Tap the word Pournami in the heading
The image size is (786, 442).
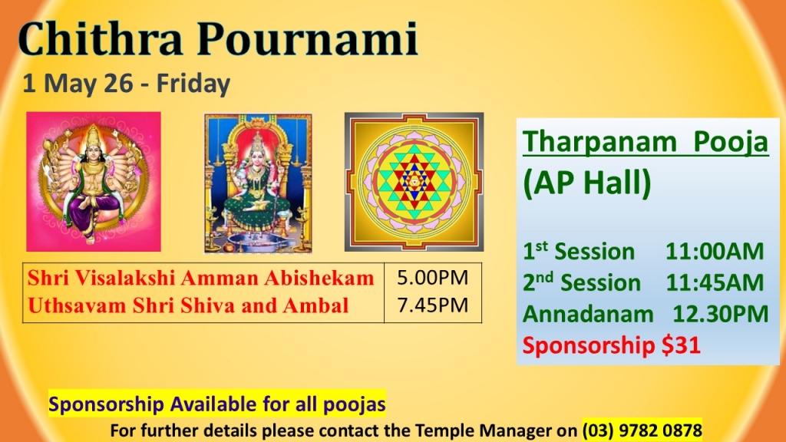tap(307, 38)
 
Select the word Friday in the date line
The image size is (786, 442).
tap(193, 84)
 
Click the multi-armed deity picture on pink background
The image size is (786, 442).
tap(94, 181)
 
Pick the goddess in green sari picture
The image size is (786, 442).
tap(258, 183)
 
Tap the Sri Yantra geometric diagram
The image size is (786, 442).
tap(414, 181)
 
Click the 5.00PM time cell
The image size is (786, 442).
tap(432, 278)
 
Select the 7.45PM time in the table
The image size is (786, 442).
tap(432, 305)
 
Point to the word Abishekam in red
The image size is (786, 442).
tap(319, 278)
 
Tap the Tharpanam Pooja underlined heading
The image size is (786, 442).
tap(645, 142)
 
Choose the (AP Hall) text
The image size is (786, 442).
tap(586, 183)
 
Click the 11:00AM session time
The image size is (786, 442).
tap(715, 252)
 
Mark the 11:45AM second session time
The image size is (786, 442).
tap(715, 282)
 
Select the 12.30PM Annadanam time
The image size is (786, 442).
tap(720, 314)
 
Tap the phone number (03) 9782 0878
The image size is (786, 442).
tap(642, 430)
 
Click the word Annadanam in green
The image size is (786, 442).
tap(588, 314)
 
